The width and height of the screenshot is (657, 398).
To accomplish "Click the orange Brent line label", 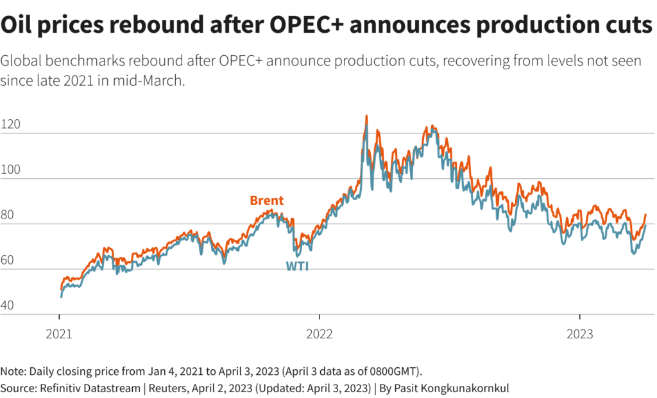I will tap(267, 201).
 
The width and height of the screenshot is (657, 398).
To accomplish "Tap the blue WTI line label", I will tap(297, 266).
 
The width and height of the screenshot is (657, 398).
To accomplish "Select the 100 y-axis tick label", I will tap(10, 170).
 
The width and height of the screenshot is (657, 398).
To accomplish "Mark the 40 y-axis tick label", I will tap(8, 306).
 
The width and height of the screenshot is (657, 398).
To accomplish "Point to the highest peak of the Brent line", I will tap(366, 116).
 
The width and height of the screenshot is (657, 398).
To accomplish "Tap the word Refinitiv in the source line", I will tap(62, 388).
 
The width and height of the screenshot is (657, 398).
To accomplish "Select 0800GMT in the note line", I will tap(390, 371).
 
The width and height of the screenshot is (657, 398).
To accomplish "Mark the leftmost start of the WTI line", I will tap(61, 297).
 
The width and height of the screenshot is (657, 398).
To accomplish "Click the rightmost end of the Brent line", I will tap(645, 215).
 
